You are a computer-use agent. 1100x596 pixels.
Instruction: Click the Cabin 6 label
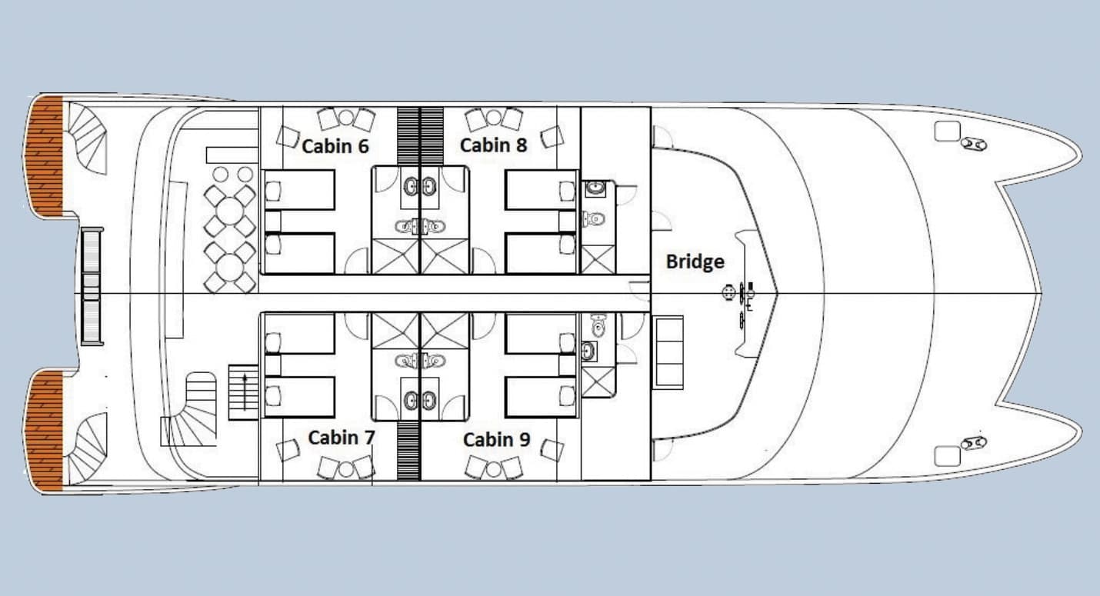335,146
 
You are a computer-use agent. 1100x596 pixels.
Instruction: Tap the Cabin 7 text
342,438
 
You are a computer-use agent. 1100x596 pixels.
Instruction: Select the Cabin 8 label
493,145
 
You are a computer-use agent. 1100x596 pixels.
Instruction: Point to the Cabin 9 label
496,439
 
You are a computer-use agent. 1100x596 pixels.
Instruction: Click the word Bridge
695,261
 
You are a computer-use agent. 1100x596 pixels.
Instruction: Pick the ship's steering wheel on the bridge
728,292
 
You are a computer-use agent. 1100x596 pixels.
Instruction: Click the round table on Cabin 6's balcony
346,118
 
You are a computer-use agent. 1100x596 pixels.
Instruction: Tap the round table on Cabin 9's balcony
494,470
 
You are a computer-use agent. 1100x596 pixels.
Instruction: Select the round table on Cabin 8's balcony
494,118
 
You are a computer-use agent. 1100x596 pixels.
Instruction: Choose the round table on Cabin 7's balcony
346,470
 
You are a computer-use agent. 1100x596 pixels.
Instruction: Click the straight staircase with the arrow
244,392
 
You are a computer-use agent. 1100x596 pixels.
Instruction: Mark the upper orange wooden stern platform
45,156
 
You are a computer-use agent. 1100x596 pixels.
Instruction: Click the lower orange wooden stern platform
45,431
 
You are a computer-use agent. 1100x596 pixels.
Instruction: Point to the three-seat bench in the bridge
668,352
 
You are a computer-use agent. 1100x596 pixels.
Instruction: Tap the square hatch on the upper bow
947,131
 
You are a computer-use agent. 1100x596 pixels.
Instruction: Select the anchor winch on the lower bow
973,443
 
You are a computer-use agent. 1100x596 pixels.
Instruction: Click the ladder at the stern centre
92,286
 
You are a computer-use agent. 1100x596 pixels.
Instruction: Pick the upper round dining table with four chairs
230,211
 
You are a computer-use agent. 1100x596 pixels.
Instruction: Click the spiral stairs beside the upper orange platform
88,138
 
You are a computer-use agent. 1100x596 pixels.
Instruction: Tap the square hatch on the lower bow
947,456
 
